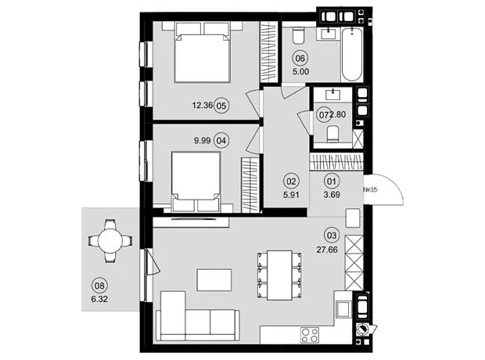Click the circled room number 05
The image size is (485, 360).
click(x=221, y=106)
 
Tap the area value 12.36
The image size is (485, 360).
click(x=203, y=106)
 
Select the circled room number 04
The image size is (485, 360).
click(x=221, y=141)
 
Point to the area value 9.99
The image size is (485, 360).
click(x=203, y=141)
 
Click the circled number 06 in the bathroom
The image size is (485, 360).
click(x=300, y=59)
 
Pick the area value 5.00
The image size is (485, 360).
click(x=300, y=72)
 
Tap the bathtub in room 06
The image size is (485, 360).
click(x=352, y=55)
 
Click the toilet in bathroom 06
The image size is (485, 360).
click(x=299, y=35)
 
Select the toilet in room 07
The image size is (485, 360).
click(x=332, y=134)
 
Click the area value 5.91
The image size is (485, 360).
click(x=291, y=195)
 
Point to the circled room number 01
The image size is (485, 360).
click(x=331, y=181)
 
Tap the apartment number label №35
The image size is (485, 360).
click(x=370, y=189)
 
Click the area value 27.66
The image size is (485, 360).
click(x=327, y=250)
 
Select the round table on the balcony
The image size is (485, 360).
click(x=110, y=241)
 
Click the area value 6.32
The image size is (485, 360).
click(x=100, y=299)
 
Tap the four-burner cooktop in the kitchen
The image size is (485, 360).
click(x=310, y=335)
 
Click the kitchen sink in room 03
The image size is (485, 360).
click(x=343, y=309)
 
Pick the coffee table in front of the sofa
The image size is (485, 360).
click(x=214, y=280)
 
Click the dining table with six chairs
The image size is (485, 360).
click(x=279, y=275)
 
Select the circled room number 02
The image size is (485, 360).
click(x=291, y=182)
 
